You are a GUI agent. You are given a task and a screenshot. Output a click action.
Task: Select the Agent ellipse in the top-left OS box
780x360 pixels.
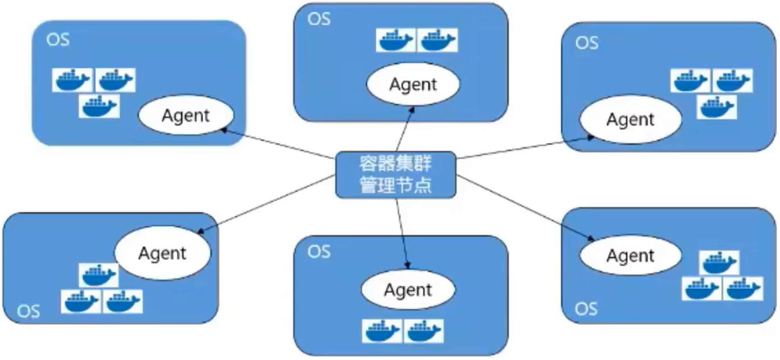tap(186, 116)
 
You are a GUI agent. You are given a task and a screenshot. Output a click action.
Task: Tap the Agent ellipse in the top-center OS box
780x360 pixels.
tap(413, 84)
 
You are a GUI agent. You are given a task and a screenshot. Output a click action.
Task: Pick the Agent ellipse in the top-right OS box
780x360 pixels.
tap(630, 120)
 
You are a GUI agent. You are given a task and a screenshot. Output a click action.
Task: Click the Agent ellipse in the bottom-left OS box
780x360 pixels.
tap(162, 252)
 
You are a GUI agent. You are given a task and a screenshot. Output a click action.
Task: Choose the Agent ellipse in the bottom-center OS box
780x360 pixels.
tap(408, 290)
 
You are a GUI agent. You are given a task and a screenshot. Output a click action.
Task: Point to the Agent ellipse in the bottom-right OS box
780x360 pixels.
tap(630, 256)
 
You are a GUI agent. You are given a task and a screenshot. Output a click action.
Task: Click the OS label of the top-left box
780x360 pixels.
tap(58, 41)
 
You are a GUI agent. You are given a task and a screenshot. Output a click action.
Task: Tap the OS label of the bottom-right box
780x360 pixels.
tap(586, 308)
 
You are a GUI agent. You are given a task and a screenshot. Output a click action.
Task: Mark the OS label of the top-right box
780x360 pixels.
tap(587, 43)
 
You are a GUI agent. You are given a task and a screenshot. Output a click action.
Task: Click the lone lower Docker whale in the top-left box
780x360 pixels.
tap(99, 106)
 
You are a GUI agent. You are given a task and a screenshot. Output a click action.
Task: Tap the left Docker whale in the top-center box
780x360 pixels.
tap(396, 40)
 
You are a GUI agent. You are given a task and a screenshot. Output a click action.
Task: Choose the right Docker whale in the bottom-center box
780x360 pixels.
tap(424, 331)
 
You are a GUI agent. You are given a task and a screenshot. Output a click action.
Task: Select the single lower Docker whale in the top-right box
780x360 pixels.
tap(716, 107)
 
